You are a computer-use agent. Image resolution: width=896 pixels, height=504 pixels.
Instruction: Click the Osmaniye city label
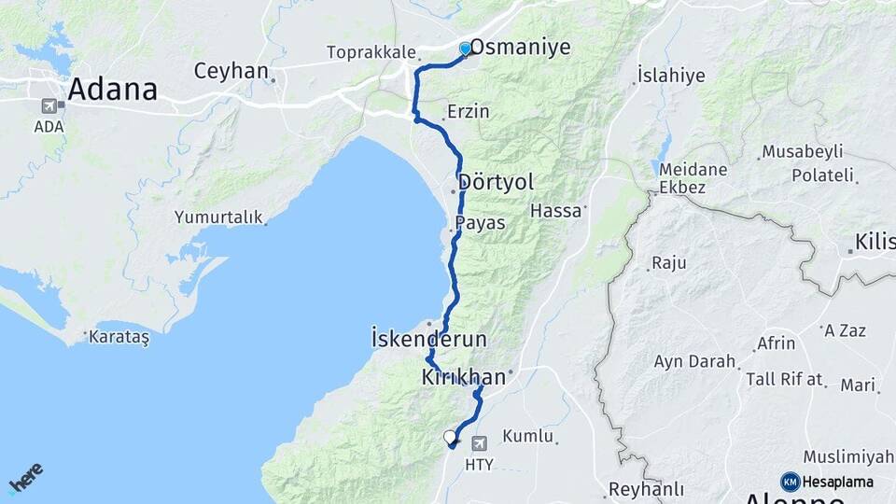pyautogui.click(x=520, y=47)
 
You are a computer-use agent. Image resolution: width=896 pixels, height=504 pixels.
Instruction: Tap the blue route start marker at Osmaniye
pyautogui.click(x=465, y=49)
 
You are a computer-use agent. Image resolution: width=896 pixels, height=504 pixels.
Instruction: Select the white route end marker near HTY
pyautogui.click(x=450, y=437)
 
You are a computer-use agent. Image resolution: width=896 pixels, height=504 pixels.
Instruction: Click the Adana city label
pyautogui.click(x=112, y=90)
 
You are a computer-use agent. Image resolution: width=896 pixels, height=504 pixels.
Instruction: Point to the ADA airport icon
pyautogui.click(x=49, y=108)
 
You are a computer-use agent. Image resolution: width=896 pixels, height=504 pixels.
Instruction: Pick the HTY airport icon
pyautogui.click(x=480, y=443)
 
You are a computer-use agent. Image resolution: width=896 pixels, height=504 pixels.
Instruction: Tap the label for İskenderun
pyautogui.click(x=429, y=338)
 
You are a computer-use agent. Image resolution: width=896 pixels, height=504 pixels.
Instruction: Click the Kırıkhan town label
pyautogui.click(x=463, y=377)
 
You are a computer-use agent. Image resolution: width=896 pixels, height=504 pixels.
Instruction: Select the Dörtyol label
pyautogui.click(x=496, y=181)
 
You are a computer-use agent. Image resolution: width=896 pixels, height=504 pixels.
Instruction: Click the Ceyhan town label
pyautogui.click(x=231, y=71)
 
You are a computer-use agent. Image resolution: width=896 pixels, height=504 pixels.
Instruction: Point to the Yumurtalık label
pyautogui.click(x=217, y=217)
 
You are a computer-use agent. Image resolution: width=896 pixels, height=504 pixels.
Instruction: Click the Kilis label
pyautogui.click(x=875, y=245)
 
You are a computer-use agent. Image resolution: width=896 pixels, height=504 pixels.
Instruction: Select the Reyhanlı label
pyautogui.click(x=646, y=489)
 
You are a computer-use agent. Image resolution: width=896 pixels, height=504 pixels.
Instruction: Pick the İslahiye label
pyautogui.click(x=670, y=76)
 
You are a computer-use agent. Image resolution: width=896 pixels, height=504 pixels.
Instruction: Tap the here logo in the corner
pyautogui.click(x=25, y=477)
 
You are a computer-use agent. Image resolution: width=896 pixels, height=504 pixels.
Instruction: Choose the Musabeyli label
pyautogui.click(x=803, y=151)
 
